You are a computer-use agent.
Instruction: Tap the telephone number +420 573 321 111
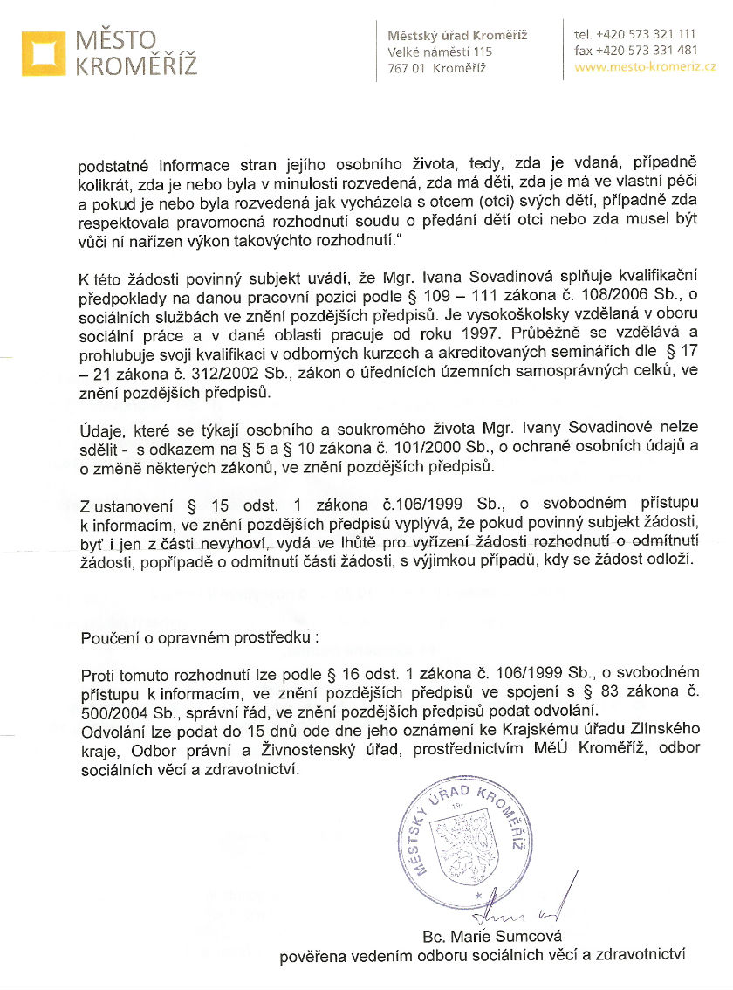(646, 34)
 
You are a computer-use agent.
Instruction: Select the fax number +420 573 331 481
(646, 50)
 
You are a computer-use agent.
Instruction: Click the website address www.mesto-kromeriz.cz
(646, 66)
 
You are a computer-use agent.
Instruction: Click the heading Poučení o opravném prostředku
(199, 637)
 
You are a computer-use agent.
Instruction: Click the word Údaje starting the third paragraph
(103, 432)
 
